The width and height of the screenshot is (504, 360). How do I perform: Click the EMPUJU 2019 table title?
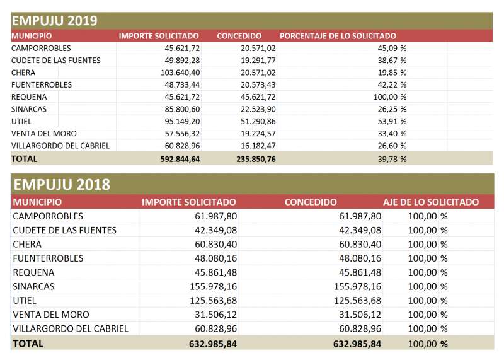pyautogui.click(x=54, y=21)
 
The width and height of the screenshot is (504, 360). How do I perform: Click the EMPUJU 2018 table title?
pyautogui.click(x=62, y=185)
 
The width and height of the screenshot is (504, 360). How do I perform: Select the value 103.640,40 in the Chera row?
pyautogui.click(x=180, y=73)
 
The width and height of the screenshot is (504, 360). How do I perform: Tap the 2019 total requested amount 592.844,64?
pyautogui.click(x=180, y=159)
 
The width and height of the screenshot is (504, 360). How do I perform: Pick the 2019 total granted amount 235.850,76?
pyautogui.click(x=256, y=159)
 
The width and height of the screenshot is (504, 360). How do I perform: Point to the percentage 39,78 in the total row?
pyautogui.click(x=387, y=159)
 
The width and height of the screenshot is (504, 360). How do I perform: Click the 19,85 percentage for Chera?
pyautogui.click(x=387, y=73)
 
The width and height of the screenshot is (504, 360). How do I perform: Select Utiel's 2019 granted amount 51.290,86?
pyautogui.click(x=258, y=122)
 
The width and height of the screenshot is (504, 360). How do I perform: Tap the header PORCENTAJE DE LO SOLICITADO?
pyautogui.click(x=338, y=36)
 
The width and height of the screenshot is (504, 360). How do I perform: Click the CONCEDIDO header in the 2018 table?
pyautogui.click(x=311, y=202)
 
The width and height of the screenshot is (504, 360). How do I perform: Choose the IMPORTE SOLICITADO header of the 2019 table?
pyautogui.click(x=159, y=36)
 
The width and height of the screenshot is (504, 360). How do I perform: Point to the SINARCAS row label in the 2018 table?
pyautogui.click(x=33, y=286)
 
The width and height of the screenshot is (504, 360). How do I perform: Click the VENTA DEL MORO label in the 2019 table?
pyautogui.click(x=44, y=134)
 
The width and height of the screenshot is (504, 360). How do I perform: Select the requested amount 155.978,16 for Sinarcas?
pyautogui.click(x=213, y=286)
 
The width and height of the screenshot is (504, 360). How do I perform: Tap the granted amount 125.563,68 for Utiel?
pyautogui.click(x=357, y=301)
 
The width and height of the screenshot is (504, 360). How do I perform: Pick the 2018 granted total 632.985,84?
pyautogui.click(x=357, y=344)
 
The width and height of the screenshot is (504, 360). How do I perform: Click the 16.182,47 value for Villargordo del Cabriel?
pyautogui.click(x=258, y=146)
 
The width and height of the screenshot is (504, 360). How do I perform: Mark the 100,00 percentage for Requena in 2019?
pyautogui.click(x=386, y=97)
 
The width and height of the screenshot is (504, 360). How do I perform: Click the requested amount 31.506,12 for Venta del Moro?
pyautogui.click(x=215, y=315)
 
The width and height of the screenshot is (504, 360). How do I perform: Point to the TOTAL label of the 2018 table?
pyautogui.click(x=28, y=344)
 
